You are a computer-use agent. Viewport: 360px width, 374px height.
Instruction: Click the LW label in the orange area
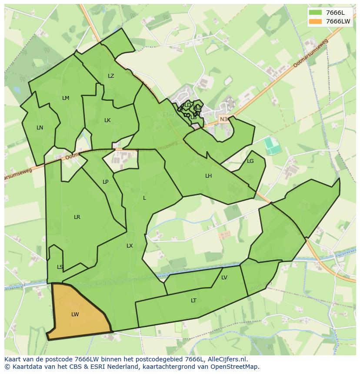coord(75,314)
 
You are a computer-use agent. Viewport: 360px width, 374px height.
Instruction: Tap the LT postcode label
coord(193,301)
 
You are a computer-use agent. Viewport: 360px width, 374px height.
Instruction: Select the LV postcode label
coord(224,278)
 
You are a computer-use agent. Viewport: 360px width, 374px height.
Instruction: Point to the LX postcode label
coord(130,246)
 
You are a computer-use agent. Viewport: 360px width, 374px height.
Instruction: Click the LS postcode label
coord(60,267)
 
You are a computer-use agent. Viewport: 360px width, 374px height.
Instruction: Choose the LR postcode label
coord(77,217)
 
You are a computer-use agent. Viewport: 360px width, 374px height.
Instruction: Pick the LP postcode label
coord(106,182)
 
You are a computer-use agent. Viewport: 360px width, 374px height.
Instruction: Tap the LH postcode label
coord(209,176)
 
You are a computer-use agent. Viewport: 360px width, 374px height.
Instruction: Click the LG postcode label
coord(250,161)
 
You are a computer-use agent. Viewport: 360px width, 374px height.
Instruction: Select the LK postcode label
coord(107,120)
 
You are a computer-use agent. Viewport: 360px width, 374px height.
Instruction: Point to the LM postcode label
coord(66,98)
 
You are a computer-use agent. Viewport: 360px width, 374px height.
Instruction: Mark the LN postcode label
coord(40,128)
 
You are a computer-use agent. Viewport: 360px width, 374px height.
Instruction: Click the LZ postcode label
coord(111,76)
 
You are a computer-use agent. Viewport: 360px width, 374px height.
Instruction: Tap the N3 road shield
coord(223,119)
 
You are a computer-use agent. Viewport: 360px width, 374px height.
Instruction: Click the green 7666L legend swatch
coord(316,13)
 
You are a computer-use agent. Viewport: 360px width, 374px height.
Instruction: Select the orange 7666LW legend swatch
coord(316,21)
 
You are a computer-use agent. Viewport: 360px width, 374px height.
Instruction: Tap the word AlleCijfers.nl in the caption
coord(226,359)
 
